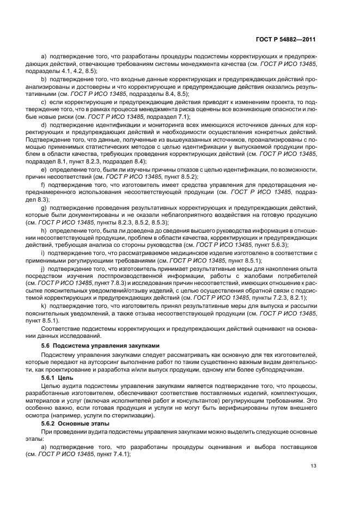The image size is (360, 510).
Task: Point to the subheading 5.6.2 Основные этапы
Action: [x=75, y=423]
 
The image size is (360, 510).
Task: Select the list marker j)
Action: [x=44, y=269]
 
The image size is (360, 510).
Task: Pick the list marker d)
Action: [x=44, y=125]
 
